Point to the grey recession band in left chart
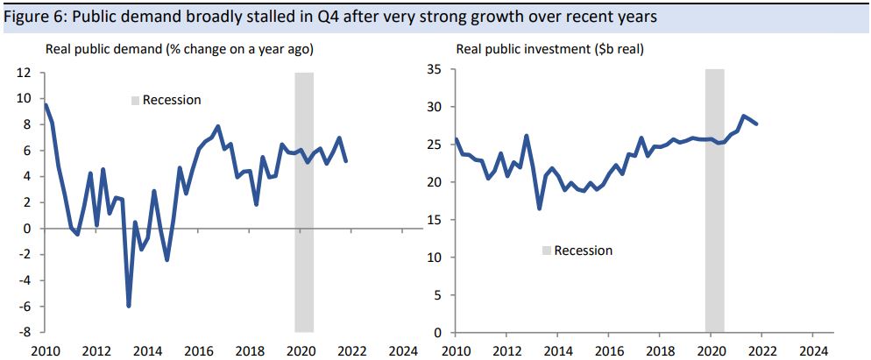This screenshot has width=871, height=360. pos(304,201)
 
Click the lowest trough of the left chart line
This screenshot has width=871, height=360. pos(129,306)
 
